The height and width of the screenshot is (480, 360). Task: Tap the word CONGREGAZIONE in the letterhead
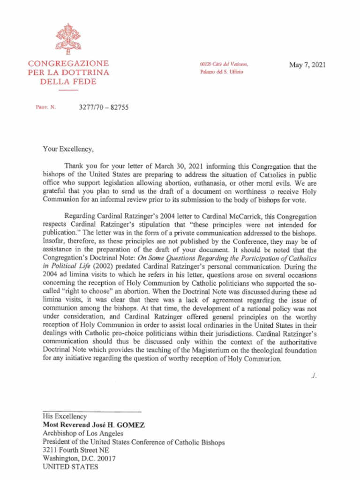coord(68,64)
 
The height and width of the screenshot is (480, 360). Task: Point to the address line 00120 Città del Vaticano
coord(224,64)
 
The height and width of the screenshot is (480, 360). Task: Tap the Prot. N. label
coord(45,107)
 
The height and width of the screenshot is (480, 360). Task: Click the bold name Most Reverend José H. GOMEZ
coord(94,425)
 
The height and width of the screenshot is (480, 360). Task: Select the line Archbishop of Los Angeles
coord(83,433)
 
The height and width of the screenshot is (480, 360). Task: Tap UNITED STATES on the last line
coord(70,467)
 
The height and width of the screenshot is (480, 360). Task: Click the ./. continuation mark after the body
coord(314,376)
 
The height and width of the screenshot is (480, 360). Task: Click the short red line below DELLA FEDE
coord(68,90)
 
